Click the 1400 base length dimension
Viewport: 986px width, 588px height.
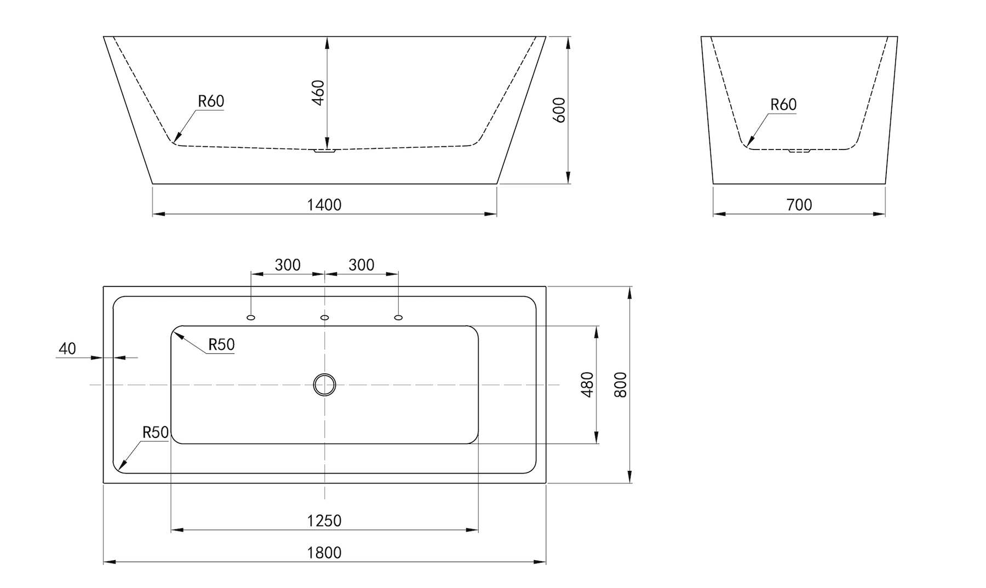324,205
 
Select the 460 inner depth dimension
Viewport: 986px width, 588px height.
318,93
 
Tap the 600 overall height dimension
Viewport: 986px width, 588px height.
559,110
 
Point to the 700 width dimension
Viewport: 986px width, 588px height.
799,205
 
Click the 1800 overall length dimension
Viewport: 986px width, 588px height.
324,552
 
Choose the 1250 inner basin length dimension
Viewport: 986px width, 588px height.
324,521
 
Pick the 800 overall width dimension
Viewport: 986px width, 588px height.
621,384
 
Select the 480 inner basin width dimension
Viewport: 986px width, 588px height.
587,384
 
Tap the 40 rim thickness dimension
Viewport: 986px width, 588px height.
67,349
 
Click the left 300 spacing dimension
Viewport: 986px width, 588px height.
288,265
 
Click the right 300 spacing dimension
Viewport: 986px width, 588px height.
362,265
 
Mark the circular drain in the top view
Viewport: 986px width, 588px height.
324,385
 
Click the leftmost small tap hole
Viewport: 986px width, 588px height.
251,318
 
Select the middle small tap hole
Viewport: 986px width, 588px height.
324,318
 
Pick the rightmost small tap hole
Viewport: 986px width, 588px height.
398,318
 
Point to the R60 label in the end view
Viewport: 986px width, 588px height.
783,105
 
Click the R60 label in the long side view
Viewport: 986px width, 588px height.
211,101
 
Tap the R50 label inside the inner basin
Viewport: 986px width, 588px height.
221,344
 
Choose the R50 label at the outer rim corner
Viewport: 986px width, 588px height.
156,433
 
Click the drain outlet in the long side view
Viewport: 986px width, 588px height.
324,150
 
